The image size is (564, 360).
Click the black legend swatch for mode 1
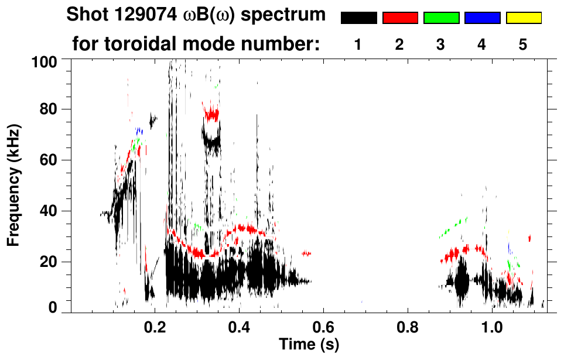[358, 18]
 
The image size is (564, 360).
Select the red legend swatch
[400, 18]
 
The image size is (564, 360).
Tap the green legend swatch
[441, 18]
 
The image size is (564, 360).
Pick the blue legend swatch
[482, 18]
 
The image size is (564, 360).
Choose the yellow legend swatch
[524, 18]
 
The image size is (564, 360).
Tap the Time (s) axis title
[308, 344]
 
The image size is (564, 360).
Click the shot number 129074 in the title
[139, 14]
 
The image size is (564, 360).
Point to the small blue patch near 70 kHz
[139, 131]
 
